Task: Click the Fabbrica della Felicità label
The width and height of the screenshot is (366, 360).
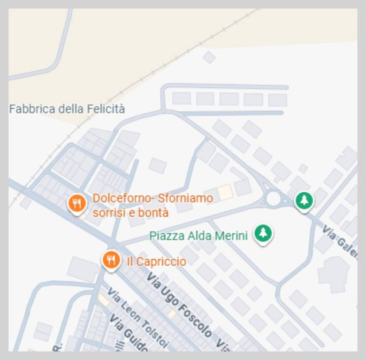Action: pyautogui.click(x=67, y=109)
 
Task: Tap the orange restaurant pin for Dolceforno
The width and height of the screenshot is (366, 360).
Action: pyautogui.click(x=76, y=203)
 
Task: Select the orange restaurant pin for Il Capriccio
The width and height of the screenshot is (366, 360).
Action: pyautogui.click(x=111, y=259)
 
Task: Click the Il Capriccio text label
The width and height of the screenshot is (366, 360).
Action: pyautogui.click(x=156, y=261)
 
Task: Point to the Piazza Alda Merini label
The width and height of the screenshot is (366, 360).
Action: pyautogui.click(x=198, y=235)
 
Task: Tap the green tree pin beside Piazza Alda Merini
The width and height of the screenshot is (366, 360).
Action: pyautogui.click(x=263, y=233)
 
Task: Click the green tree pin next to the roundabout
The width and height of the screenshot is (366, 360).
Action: pyautogui.click(x=304, y=201)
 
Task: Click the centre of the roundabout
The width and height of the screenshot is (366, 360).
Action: pyautogui.click(x=274, y=199)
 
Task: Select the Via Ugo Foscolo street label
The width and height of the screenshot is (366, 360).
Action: pyautogui.click(x=179, y=305)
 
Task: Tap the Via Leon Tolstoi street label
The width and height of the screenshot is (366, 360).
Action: pyautogui.click(x=137, y=318)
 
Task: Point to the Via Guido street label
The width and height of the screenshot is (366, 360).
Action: pyautogui.click(x=128, y=334)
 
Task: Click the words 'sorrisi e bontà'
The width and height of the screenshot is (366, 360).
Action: pyautogui.click(x=130, y=212)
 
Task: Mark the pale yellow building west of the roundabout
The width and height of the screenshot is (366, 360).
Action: pyautogui.click(x=225, y=192)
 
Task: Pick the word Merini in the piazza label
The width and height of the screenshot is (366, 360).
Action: pyautogui.click(x=231, y=235)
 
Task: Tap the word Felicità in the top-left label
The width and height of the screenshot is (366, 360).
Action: pyautogui.click(x=106, y=109)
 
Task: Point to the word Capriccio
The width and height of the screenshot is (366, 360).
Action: pyautogui.click(x=162, y=261)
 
